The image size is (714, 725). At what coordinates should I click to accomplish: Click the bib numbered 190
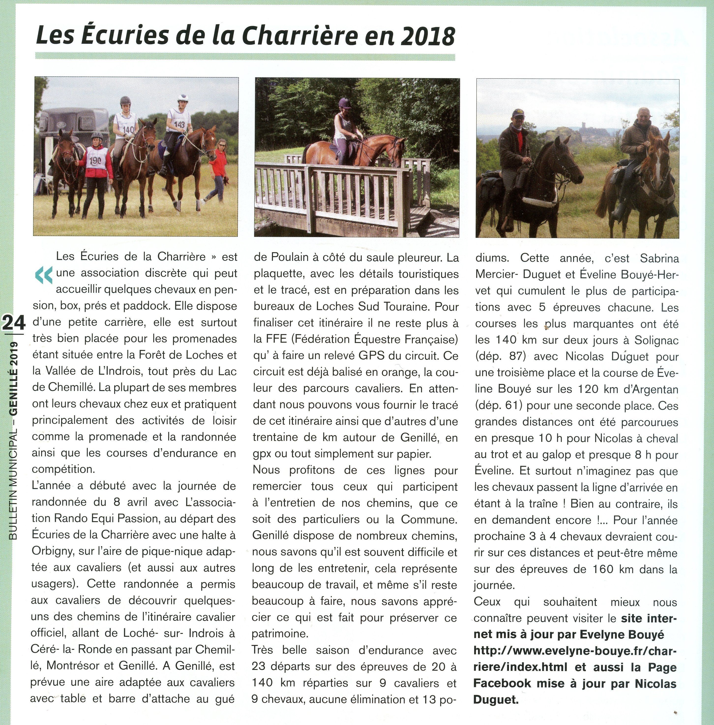click(x=93, y=162)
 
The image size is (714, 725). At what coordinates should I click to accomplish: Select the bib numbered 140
click(x=128, y=129)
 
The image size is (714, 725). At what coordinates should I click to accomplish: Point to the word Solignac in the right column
click(x=656, y=340)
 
